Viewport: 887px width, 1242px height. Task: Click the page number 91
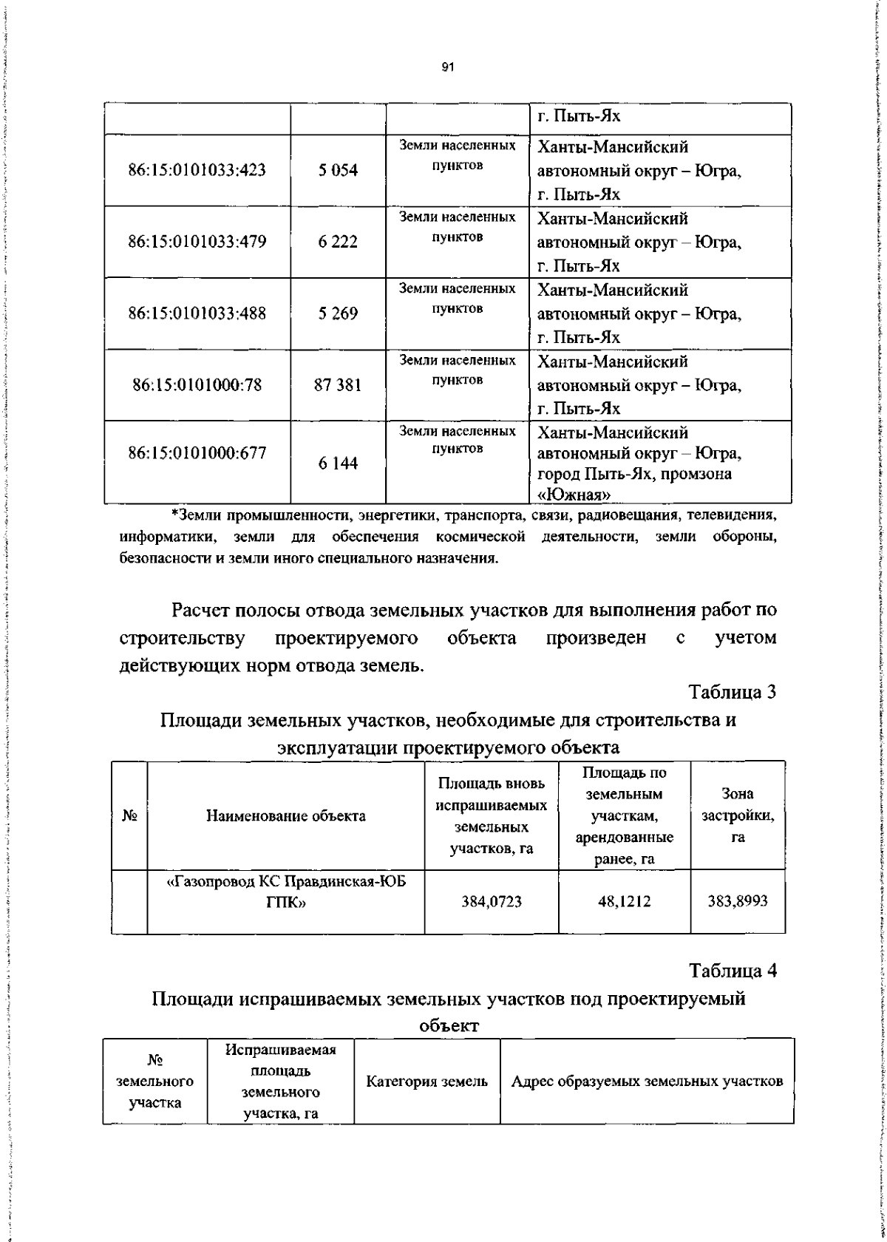click(x=446, y=67)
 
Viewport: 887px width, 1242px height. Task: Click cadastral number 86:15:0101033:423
click(x=197, y=170)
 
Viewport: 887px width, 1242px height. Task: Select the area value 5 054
click(x=338, y=171)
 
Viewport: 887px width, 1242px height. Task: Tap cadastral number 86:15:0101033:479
click(x=197, y=242)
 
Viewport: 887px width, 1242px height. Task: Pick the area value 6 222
click(x=338, y=242)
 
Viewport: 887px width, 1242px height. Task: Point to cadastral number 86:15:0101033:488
click(x=197, y=313)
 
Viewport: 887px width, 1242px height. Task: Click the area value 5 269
click(x=338, y=313)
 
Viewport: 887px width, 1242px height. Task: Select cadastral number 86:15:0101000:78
click(x=197, y=384)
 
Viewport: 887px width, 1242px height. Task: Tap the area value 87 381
click(x=338, y=384)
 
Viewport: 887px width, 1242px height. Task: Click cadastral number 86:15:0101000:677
click(x=197, y=452)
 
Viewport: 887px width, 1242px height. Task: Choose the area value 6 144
click(x=338, y=464)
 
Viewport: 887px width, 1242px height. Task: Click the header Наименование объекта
click(x=285, y=816)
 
